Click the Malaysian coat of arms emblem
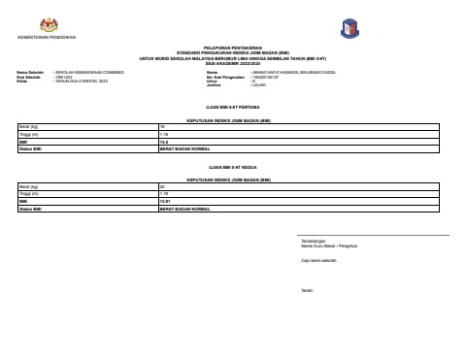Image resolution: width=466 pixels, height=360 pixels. pyautogui.click(x=47, y=24)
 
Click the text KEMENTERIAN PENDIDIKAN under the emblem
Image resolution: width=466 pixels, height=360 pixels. pyautogui.click(x=47, y=38)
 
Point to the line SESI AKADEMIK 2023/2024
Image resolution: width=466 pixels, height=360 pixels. pyautogui.click(x=232, y=62)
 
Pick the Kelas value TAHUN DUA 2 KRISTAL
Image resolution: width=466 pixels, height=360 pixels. pyautogui.click(x=82, y=82)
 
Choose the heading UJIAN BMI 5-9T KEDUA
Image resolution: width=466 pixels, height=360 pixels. pyautogui.click(x=232, y=168)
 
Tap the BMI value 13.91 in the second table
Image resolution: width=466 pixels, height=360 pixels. pyautogui.click(x=165, y=202)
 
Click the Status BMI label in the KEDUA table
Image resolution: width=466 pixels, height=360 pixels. pyautogui.click(x=31, y=209)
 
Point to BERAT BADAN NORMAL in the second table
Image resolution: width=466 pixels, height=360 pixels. pyautogui.click(x=184, y=209)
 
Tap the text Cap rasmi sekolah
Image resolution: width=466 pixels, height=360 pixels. pyautogui.click(x=319, y=260)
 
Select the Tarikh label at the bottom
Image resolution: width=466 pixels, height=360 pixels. pyautogui.click(x=308, y=290)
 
